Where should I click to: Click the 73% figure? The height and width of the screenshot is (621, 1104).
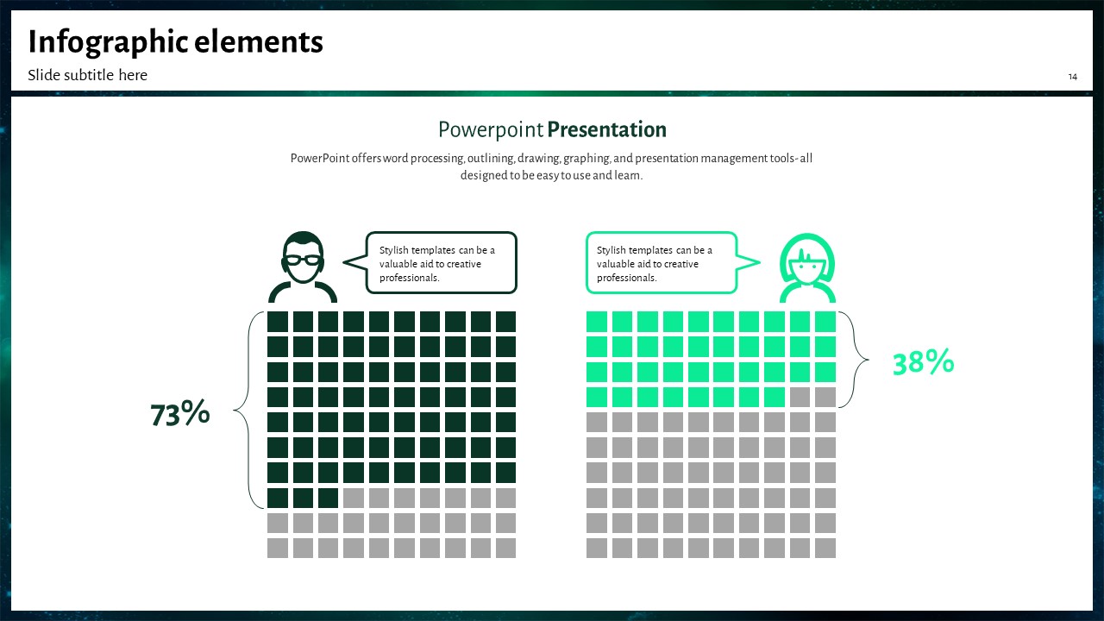(x=180, y=412)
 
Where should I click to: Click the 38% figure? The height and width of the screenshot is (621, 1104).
(x=923, y=361)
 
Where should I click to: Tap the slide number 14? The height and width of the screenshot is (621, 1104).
(x=1072, y=77)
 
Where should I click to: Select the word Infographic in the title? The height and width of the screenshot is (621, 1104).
(x=108, y=42)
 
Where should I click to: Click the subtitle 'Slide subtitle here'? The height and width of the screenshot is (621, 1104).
(x=87, y=75)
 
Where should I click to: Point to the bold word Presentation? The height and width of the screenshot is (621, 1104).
(x=606, y=129)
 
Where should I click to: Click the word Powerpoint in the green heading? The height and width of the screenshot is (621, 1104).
(x=491, y=129)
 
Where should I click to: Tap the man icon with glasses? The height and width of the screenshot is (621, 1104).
(x=303, y=267)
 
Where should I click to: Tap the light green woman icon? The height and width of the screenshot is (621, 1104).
(x=807, y=267)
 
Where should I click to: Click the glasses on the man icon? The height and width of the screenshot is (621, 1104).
(x=303, y=260)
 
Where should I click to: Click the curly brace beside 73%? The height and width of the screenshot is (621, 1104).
(x=248, y=410)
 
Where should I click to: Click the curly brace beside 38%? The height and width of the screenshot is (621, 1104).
(x=854, y=360)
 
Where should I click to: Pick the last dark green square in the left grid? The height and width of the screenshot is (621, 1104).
(x=329, y=498)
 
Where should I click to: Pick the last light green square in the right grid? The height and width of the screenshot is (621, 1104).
(x=775, y=398)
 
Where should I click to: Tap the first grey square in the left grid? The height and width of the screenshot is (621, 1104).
(x=354, y=498)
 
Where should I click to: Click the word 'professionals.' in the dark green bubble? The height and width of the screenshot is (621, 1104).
(x=409, y=278)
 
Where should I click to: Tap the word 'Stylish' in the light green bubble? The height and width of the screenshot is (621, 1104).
(x=612, y=250)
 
